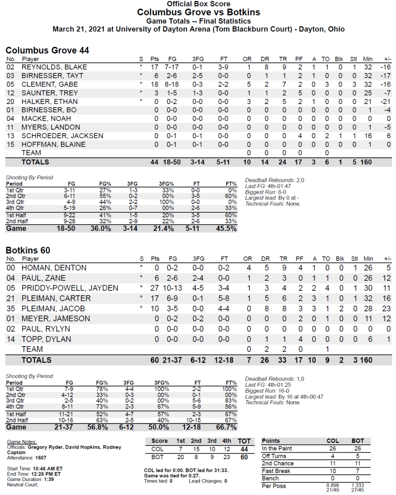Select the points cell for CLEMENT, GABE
tap(154, 84)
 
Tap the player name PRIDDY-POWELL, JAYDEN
tap(70, 288)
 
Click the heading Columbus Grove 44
tap(47, 50)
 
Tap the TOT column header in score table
tap(245, 441)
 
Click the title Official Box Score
tap(198, 4)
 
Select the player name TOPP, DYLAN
tap(46, 339)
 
